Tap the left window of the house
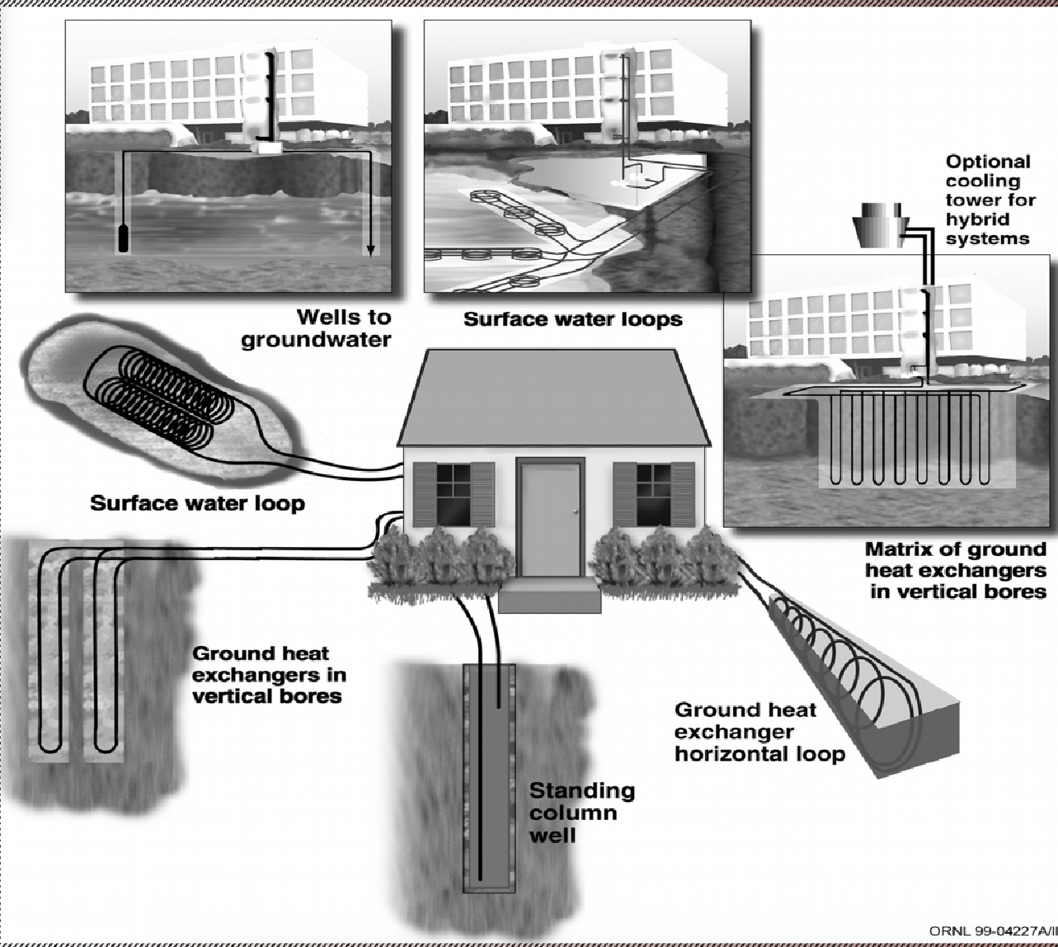[453, 494]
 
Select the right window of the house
[653, 494]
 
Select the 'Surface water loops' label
[573, 318]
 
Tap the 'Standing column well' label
[581, 813]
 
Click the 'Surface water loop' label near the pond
[197, 502]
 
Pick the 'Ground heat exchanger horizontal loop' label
[759, 732]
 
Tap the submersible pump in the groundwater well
[124, 236]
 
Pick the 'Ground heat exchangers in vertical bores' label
[268, 674]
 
